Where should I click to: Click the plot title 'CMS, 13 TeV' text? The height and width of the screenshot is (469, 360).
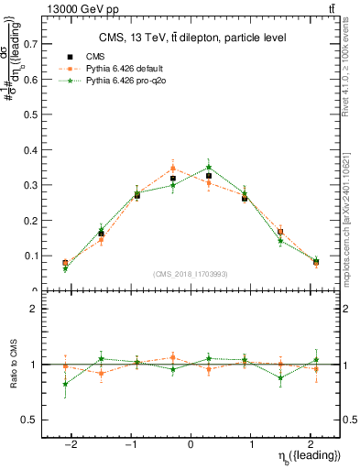tap(192, 38)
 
